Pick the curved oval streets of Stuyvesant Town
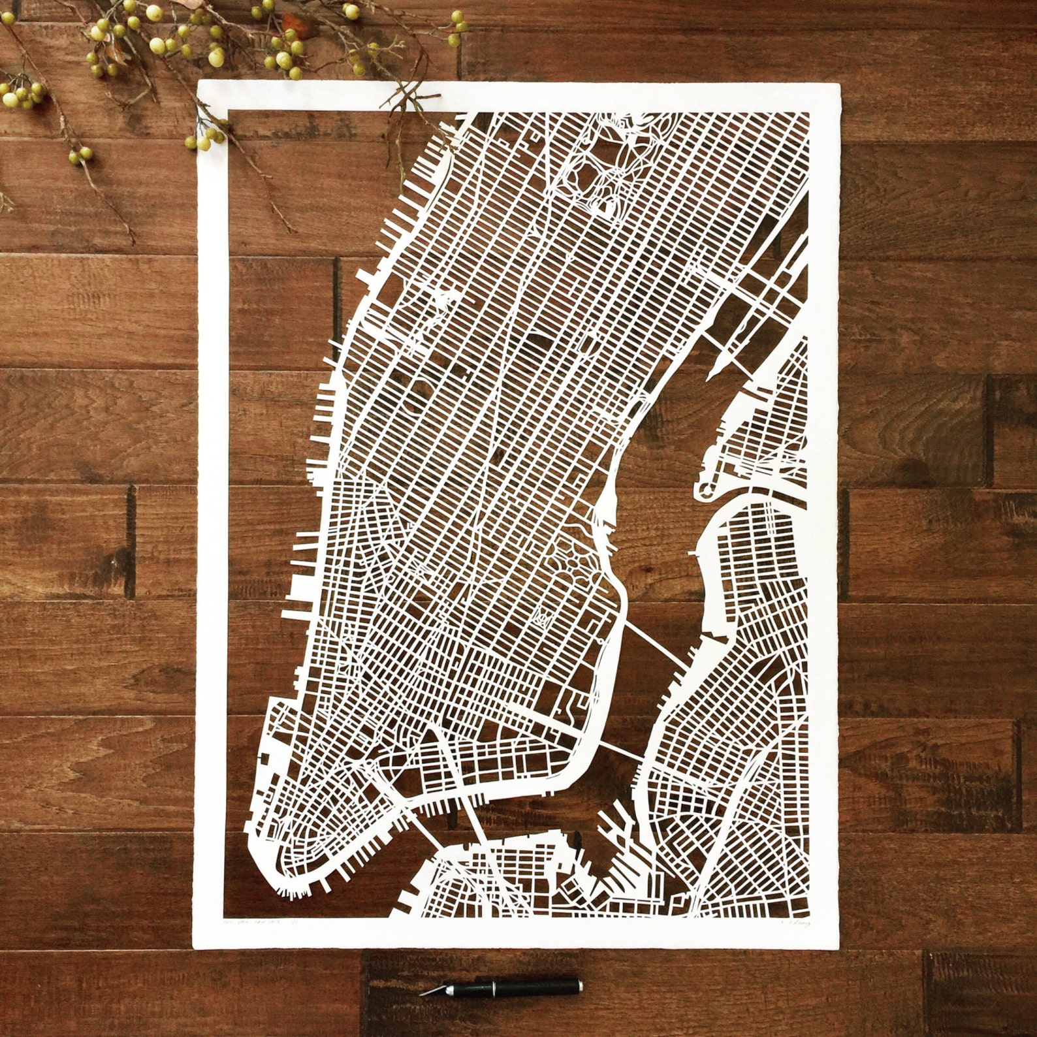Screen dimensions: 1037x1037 (x=575, y=549)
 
